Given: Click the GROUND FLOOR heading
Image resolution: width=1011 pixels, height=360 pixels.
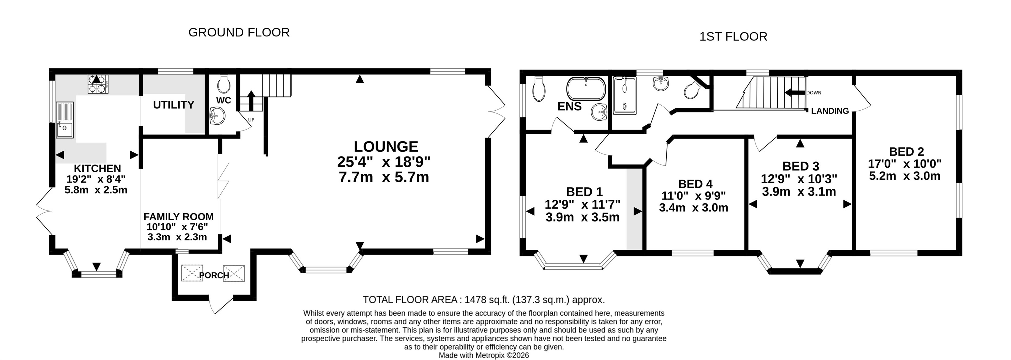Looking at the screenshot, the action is pos(239,32).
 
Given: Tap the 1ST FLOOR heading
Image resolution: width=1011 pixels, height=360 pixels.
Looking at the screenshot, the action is pos(733,36).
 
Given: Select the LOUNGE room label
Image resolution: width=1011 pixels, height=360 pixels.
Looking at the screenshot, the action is pos(386,146).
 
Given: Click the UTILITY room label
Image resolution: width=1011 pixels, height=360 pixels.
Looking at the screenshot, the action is pos(173,105).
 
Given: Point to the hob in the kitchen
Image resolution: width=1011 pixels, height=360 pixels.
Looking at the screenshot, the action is pos(98,84).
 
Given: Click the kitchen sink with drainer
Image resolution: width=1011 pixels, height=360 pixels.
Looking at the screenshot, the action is pos(65,120).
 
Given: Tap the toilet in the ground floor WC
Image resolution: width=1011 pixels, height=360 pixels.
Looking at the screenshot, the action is pos(224,83).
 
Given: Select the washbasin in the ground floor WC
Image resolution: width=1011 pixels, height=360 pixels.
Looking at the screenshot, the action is pos(217,115).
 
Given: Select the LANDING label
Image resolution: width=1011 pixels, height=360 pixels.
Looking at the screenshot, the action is pos(830,111).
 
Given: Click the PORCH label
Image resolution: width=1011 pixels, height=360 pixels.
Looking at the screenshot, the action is pos(214,275).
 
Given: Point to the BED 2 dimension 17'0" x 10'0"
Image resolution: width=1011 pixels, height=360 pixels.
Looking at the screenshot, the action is pos(905,164).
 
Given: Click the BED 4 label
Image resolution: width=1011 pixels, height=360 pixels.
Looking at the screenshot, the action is pos(695,184).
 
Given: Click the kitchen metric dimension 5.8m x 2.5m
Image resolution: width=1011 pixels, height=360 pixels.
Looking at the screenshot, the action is pos(96,190).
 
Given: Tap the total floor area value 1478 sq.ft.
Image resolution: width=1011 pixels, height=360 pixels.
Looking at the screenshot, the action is pos(487,300).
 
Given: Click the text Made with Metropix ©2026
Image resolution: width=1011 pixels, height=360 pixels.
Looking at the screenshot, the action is pos(484,355).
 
